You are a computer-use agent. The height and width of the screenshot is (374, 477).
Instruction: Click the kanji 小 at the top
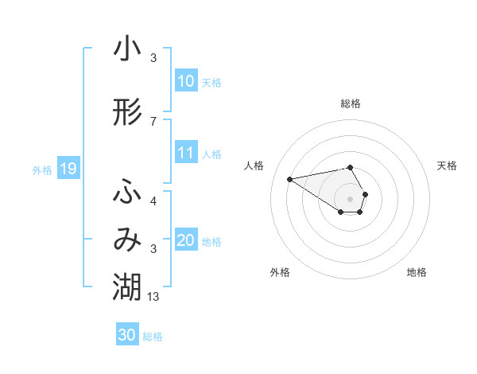[127, 49]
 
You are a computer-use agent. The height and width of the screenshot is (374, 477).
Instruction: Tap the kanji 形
[127, 113]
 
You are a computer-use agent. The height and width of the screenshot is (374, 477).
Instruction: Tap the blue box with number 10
[186, 81]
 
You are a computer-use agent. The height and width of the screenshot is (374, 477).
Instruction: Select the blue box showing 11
[186, 154]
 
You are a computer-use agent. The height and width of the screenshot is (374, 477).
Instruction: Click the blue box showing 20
[186, 241]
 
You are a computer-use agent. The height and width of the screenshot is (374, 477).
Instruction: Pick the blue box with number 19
[68, 169]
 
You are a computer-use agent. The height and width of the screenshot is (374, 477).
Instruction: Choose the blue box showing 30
[127, 335]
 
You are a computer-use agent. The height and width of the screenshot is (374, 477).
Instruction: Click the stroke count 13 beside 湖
[153, 296]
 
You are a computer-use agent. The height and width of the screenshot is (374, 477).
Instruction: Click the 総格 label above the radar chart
[351, 103]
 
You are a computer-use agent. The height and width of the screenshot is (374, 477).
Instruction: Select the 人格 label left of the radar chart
[254, 166]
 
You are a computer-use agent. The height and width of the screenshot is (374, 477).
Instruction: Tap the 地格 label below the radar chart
[417, 272]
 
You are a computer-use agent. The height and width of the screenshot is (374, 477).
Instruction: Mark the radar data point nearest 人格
[290, 178]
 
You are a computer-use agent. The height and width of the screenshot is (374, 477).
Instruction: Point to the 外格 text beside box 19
[41, 169]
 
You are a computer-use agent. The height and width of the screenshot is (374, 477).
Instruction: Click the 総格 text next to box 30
[153, 337]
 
